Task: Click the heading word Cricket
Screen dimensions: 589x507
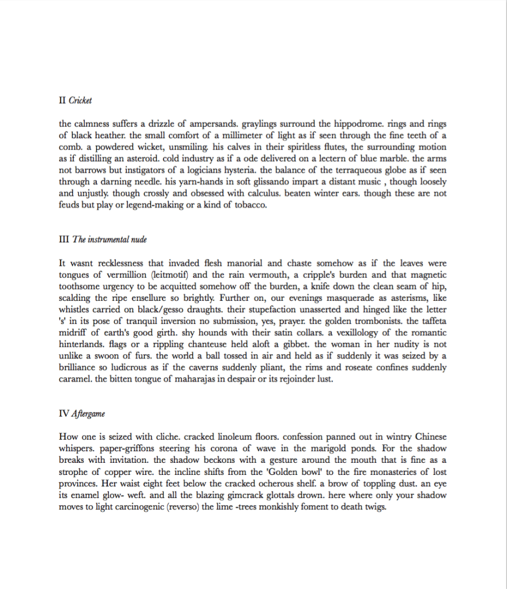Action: pyautogui.click(x=80, y=100)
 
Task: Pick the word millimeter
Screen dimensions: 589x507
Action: pyautogui.click(x=187, y=135)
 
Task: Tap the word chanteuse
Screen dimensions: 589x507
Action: pyautogui.click(x=178, y=345)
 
